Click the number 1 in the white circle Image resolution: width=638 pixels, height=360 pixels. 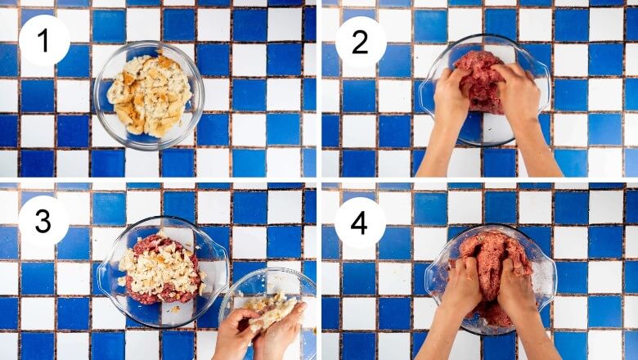(43, 42)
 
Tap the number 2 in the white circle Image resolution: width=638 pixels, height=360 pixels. (360, 43)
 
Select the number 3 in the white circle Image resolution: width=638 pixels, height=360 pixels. (43, 222)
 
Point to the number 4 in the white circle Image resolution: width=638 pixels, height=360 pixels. (359, 223)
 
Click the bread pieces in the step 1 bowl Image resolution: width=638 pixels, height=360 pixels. (150, 94)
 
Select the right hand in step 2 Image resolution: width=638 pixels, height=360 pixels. (514, 92)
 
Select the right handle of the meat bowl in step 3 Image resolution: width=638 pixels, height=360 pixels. (222, 264)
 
